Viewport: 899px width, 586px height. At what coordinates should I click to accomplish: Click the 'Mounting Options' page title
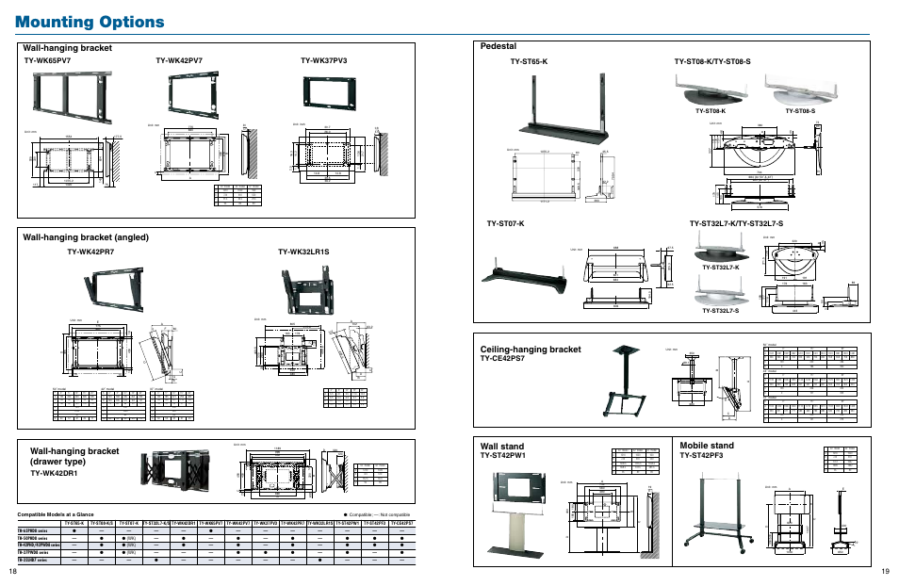pyautogui.click(x=90, y=22)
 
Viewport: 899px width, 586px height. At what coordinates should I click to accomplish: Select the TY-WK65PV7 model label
pyautogui.click(x=47, y=61)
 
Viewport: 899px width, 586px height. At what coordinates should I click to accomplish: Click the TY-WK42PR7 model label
pyautogui.click(x=90, y=252)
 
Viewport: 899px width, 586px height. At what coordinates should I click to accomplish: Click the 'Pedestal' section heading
pyautogui.click(x=499, y=46)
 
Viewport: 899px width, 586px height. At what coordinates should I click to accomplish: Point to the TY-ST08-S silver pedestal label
pyautogui.click(x=799, y=111)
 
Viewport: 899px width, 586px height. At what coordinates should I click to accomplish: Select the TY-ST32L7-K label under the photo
pyautogui.click(x=720, y=268)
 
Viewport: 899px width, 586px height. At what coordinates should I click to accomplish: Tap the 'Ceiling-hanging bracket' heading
pyautogui.click(x=531, y=350)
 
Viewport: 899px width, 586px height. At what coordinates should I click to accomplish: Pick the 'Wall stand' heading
pyautogui.click(x=502, y=446)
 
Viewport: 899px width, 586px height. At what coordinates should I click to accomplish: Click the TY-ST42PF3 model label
pyautogui.click(x=701, y=456)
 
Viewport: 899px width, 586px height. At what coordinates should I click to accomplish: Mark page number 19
pyautogui.click(x=885, y=572)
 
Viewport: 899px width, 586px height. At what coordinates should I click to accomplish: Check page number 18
pyautogui.click(x=12, y=572)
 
